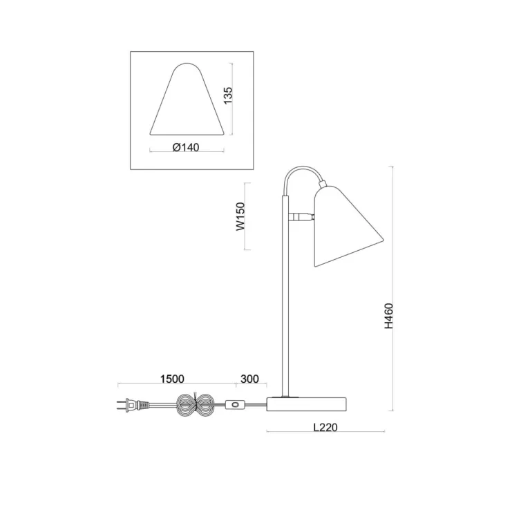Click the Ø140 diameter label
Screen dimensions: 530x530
tap(186, 147)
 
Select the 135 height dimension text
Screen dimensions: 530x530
tap(228, 95)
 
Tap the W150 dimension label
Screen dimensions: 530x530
tap(240, 216)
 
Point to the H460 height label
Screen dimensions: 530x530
tap(389, 316)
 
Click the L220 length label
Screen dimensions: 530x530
tap(325, 427)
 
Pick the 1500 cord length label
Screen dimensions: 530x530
tap(172, 379)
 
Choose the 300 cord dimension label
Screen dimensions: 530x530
tap(249, 379)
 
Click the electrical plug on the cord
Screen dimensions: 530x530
tap(133, 405)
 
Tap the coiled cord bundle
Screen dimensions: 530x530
tap(196, 405)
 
